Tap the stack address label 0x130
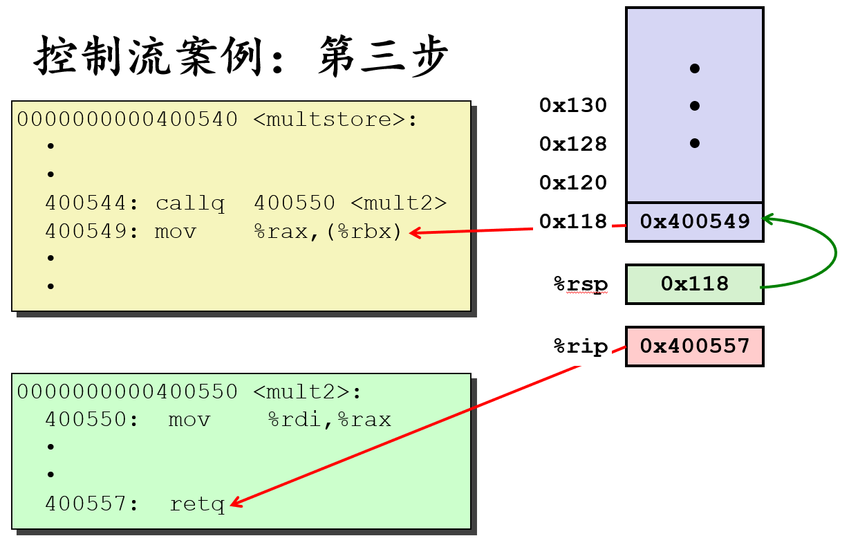573,105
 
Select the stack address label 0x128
573,144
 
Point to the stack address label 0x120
573,183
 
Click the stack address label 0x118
573,221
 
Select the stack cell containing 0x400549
695,221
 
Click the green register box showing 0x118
695,284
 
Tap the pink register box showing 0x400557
695,346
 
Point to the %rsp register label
581,284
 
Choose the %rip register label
581,347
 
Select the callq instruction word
190,203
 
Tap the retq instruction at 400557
198,504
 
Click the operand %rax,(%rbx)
328,231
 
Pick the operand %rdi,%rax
330,419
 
